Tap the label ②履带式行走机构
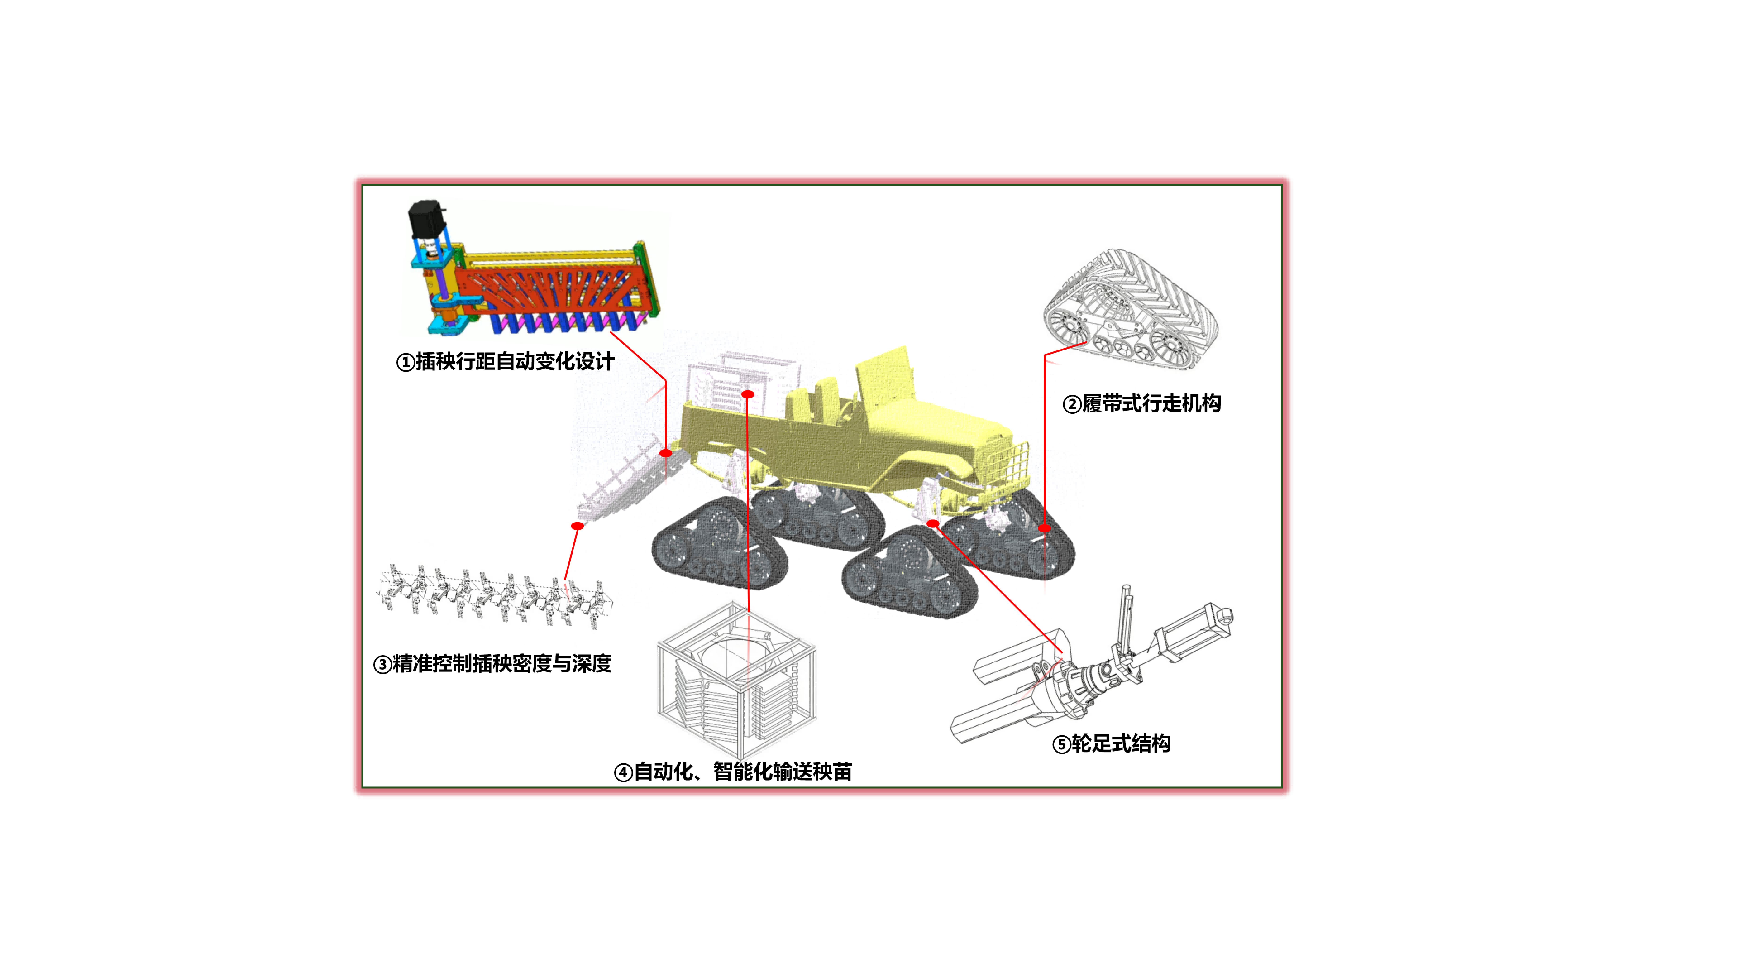tap(1141, 403)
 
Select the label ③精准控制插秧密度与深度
tap(492, 663)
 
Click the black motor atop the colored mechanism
tap(426, 217)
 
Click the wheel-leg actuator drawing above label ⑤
tap(1093, 668)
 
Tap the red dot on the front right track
tap(1045, 528)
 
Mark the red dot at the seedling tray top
tap(748, 394)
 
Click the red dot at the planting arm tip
tap(578, 526)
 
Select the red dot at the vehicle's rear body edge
tap(666, 453)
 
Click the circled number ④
tap(623, 772)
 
